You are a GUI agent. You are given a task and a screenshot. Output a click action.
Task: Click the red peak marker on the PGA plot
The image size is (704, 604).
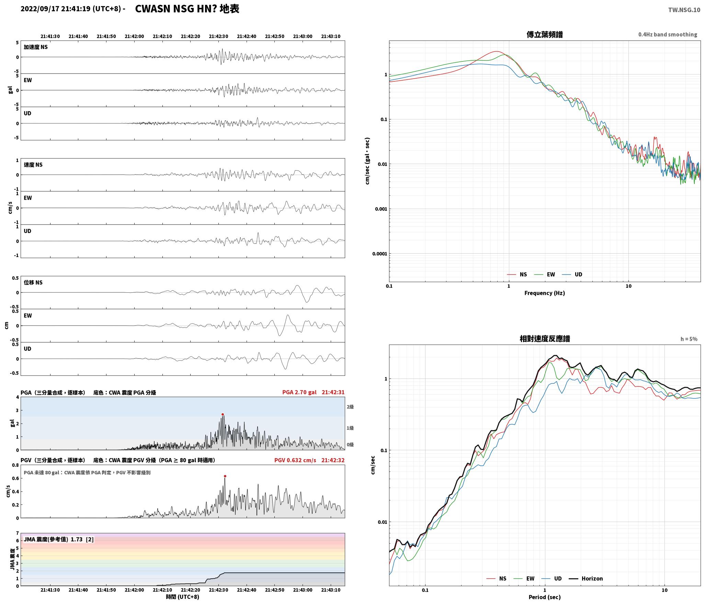(223, 414)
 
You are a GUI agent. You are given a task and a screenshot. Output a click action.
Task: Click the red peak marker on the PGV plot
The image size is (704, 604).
(225, 476)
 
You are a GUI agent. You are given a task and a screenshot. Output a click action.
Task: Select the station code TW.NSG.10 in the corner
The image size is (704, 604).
(684, 10)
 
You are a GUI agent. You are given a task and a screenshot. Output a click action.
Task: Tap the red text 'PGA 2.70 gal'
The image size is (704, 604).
(299, 392)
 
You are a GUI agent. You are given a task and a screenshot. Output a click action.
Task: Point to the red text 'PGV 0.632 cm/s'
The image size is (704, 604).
(295, 460)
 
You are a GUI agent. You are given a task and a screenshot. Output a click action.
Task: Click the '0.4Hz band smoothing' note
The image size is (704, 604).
(668, 34)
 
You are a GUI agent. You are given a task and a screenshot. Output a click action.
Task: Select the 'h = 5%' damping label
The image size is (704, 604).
(689, 339)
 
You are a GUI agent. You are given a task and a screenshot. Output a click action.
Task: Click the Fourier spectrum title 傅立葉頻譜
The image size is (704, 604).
(545, 34)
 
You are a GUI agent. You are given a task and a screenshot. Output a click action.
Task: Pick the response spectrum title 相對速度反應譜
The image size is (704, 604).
(545, 339)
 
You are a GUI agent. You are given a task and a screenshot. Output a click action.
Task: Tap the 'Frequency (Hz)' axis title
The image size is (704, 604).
(545, 293)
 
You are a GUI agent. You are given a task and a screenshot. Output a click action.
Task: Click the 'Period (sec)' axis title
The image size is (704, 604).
(545, 597)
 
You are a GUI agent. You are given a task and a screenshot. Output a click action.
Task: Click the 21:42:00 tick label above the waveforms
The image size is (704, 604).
(134, 36)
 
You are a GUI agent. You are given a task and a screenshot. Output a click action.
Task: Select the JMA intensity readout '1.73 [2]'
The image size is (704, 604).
(82, 539)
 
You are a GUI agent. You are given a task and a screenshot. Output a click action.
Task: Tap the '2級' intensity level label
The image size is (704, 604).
(350, 407)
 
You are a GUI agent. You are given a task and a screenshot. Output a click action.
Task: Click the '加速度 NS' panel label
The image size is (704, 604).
(36, 47)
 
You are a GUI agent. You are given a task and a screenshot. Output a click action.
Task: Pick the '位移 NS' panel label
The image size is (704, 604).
(33, 282)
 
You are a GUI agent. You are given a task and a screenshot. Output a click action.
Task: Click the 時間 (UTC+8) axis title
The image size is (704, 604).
(183, 597)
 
